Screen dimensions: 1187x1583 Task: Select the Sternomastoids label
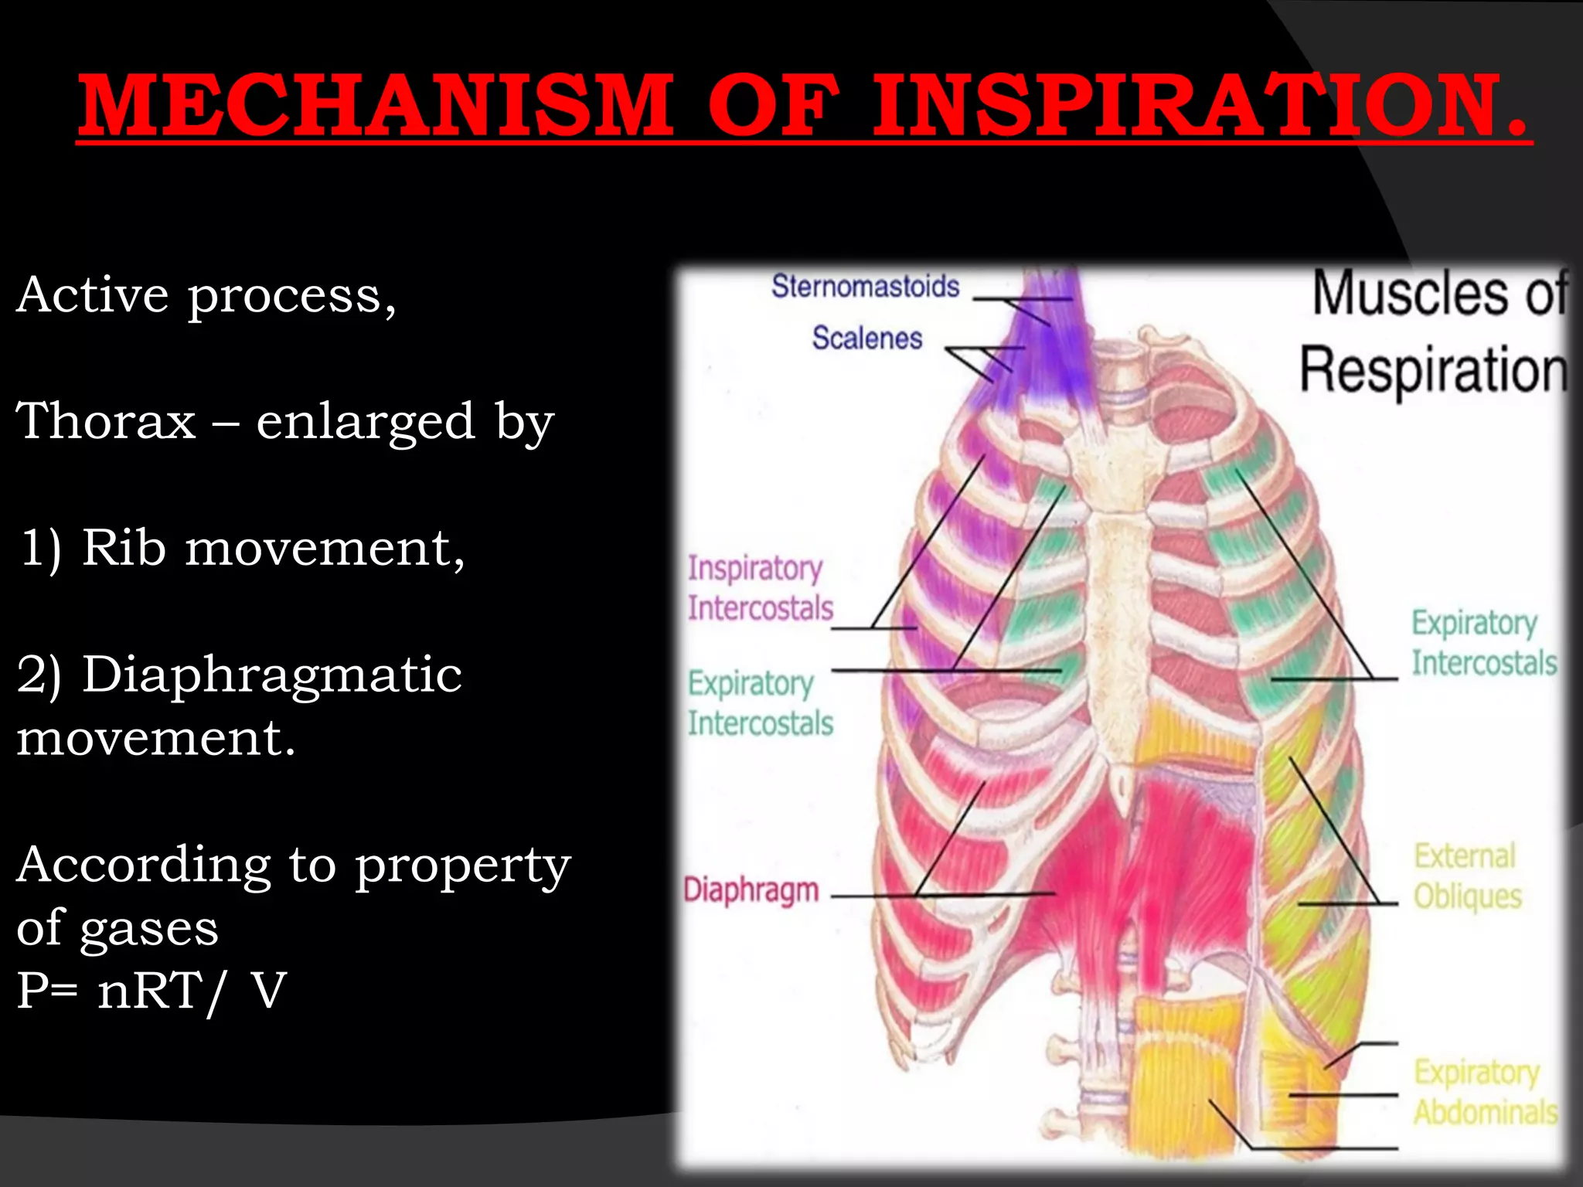[x=865, y=287]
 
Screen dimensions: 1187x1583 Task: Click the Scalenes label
[x=866, y=338]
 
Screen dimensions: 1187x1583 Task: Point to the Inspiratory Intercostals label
[x=760, y=588]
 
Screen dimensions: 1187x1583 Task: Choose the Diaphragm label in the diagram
[x=751, y=890]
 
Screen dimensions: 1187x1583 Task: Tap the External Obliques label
[x=1466, y=876]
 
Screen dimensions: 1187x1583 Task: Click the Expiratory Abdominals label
[x=1484, y=1092]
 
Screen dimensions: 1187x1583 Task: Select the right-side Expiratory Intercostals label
[x=1483, y=643]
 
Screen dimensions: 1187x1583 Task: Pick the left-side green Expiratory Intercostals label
[x=760, y=703]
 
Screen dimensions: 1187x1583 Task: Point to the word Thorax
[x=107, y=422]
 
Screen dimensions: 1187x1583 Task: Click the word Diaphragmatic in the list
[x=272, y=675]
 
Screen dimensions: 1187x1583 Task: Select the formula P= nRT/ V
[x=151, y=991]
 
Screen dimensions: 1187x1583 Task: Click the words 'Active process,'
[x=206, y=295]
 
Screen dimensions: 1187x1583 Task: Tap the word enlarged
[x=365, y=422]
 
